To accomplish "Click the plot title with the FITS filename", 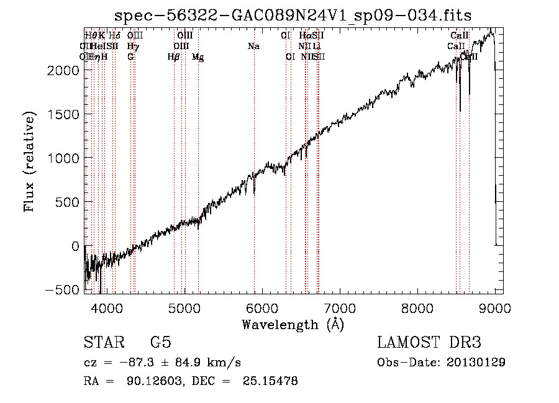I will (293, 16).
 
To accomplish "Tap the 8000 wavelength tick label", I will (417, 307).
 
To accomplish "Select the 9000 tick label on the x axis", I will (495, 307).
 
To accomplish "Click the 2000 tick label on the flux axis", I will (65, 70).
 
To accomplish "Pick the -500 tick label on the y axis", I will (65, 290).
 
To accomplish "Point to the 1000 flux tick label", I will (65, 158).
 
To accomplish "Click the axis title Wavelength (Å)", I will (293, 324).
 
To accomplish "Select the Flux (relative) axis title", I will (30, 161).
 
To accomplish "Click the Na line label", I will (253, 47).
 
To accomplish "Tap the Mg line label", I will (198, 57).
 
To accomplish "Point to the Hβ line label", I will (174, 57).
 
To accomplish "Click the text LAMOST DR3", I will (429, 343).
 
